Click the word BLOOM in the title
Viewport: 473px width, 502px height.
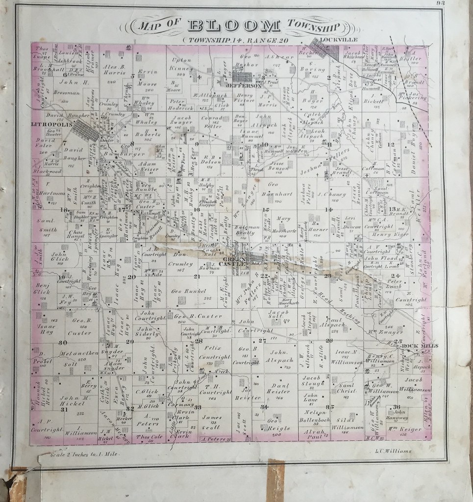point(233,25)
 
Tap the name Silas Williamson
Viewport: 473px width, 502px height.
point(347,424)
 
